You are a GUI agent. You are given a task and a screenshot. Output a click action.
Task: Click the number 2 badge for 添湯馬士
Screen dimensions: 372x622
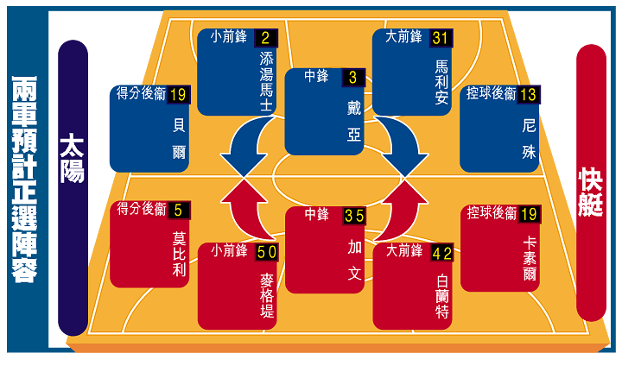(264, 38)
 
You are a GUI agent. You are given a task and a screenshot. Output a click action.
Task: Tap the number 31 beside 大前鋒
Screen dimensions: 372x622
(440, 38)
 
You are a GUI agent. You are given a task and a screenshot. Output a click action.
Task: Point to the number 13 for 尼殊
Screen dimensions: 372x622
(528, 94)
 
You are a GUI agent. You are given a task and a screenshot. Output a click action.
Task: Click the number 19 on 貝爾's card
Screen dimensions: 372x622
(179, 94)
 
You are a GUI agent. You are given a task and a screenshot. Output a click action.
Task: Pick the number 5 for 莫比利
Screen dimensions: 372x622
(178, 210)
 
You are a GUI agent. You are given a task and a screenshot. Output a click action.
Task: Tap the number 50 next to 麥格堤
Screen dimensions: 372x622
(266, 252)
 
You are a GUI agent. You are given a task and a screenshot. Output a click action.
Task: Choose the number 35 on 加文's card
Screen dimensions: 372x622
(354, 216)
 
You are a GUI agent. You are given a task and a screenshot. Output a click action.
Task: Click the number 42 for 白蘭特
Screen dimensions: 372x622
(441, 253)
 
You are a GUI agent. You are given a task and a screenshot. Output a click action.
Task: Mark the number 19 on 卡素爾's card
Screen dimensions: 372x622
(529, 212)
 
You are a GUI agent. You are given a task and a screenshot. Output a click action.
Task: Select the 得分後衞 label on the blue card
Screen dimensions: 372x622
(142, 94)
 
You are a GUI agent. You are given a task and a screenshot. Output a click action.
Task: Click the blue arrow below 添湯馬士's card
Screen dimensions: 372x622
(242, 147)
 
